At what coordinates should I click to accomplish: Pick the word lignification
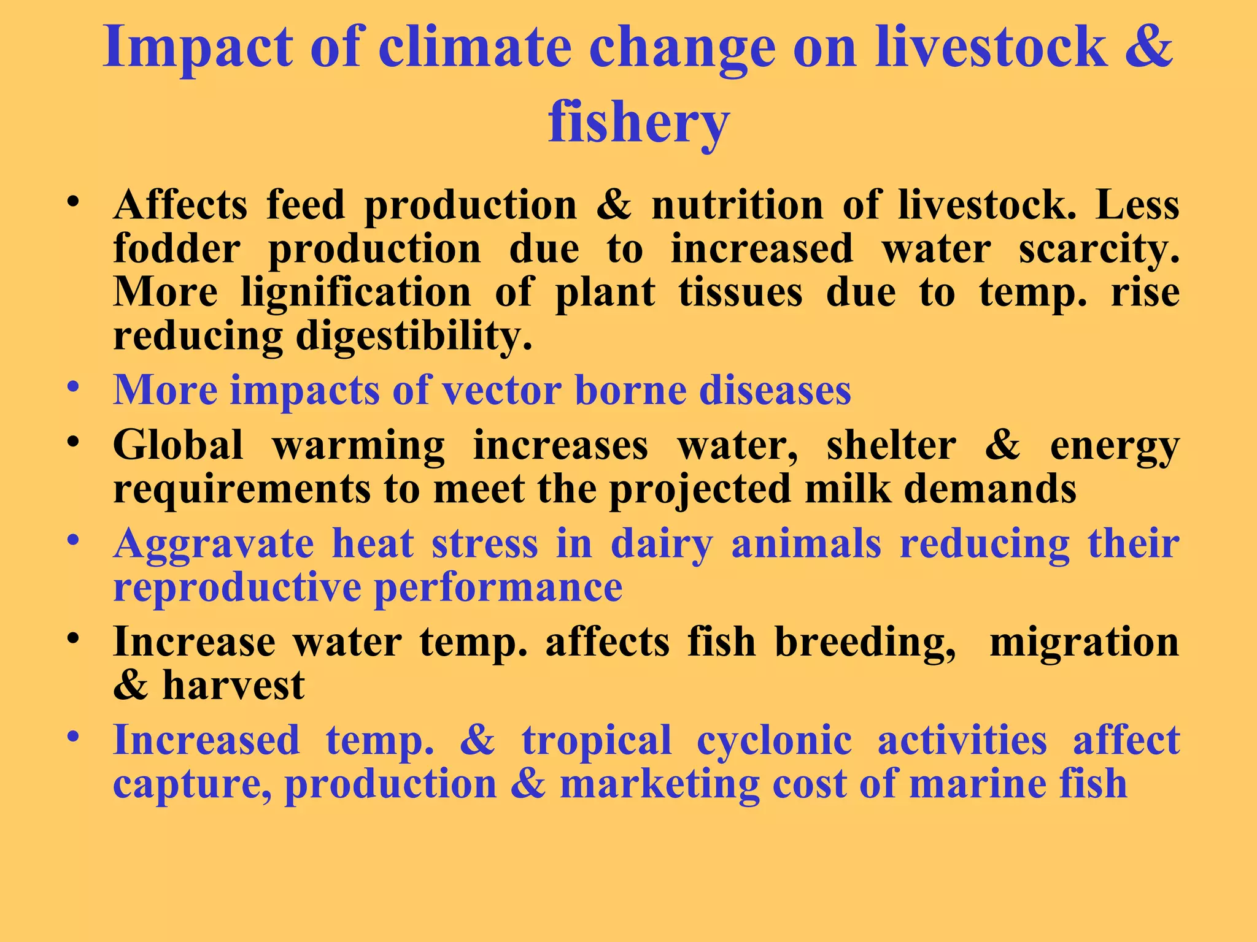[356, 293]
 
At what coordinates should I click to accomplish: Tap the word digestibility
[414, 337]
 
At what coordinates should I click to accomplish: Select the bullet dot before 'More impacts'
[74, 388]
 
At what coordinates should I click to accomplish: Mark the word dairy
[662, 545]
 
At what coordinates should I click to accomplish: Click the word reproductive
[238, 588]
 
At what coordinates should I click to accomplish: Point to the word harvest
[233, 686]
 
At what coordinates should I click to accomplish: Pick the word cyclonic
[774, 741]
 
